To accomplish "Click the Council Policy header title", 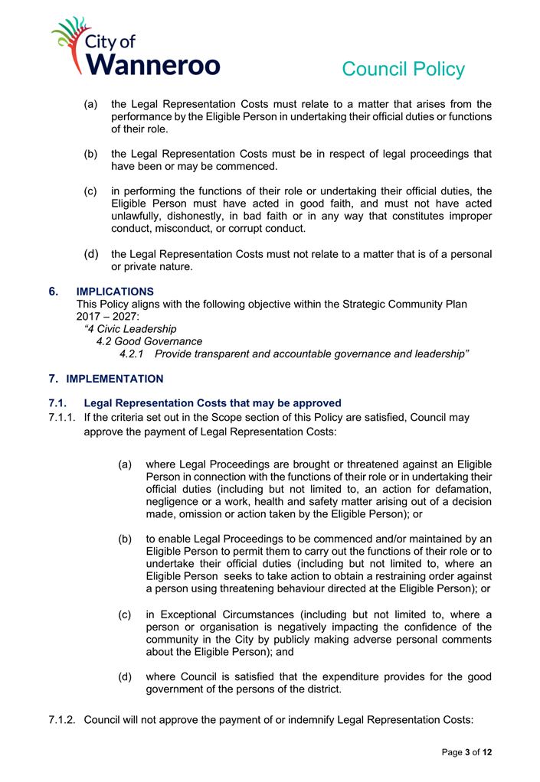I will [403, 70].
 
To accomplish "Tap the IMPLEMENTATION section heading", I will [115, 379].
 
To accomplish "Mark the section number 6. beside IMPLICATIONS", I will [54, 292].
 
